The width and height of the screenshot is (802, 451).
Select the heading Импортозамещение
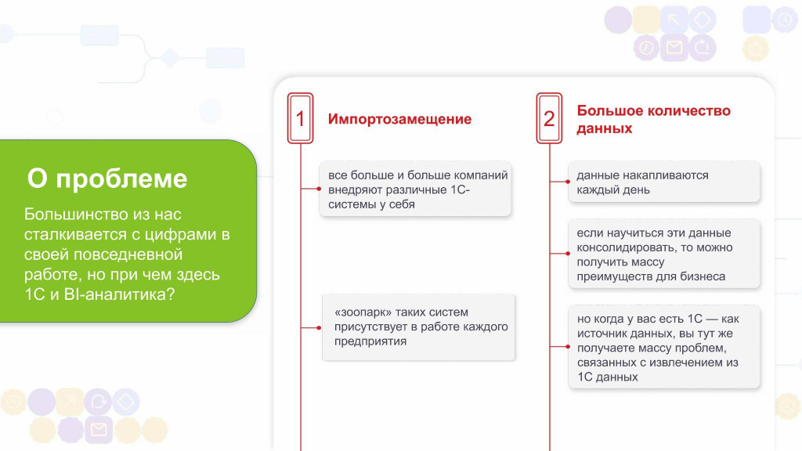(x=399, y=119)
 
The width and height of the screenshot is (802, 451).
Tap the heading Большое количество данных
(x=654, y=119)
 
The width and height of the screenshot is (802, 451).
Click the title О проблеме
(x=107, y=179)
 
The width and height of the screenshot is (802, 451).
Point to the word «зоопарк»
(x=363, y=312)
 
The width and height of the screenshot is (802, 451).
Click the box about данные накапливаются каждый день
(x=664, y=182)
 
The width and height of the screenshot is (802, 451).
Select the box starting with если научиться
(x=664, y=254)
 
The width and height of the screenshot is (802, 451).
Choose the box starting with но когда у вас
(x=664, y=347)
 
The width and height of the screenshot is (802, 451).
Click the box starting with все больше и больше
(x=415, y=189)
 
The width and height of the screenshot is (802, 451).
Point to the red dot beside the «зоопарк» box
(x=319, y=328)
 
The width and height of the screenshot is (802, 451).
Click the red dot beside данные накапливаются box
(x=568, y=182)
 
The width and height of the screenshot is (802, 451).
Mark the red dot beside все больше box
(x=319, y=189)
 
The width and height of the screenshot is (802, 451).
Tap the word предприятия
(x=370, y=341)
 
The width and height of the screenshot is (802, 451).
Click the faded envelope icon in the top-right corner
(x=674, y=48)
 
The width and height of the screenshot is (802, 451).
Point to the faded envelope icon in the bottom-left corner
(x=99, y=430)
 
